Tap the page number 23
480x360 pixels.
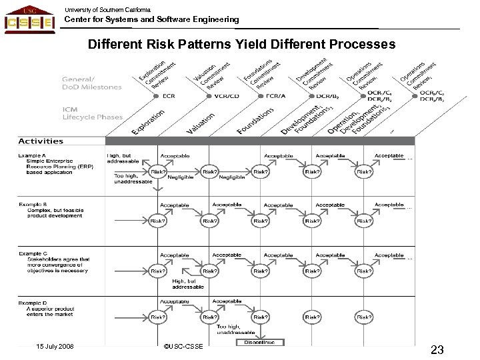[x=437, y=349]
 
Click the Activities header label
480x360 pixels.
[x=41, y=141]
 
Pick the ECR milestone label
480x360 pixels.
[x=168, y=96]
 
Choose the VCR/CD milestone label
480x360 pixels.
[x=227, y=96]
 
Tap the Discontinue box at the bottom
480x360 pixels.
[x=260, y=343]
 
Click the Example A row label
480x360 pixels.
[x=33, y=155]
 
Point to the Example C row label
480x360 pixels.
[x=33, y=255]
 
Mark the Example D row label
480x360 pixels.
[x=33, y=303]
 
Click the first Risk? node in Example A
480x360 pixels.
[x=159, y=172]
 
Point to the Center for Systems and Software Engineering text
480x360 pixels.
[x=151, y=20]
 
